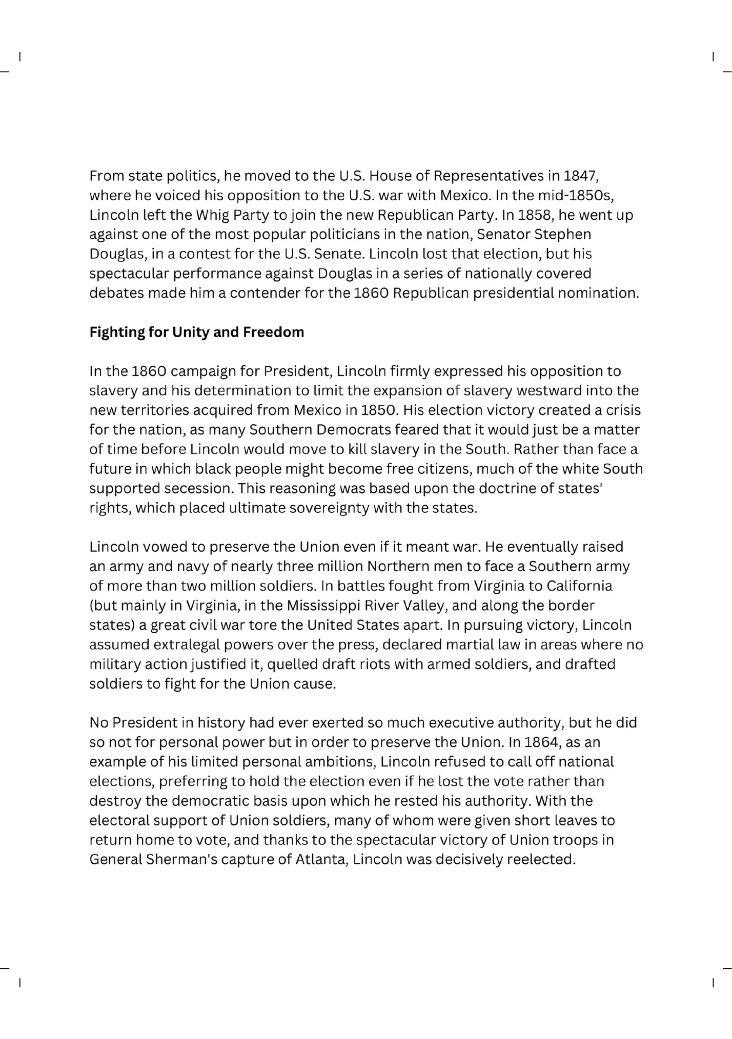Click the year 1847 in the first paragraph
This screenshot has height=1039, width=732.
coord(580,176)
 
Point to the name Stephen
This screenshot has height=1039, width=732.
coord(563,235)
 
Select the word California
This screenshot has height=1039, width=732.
coord(579,586)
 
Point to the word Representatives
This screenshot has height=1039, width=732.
coord(487,176)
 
